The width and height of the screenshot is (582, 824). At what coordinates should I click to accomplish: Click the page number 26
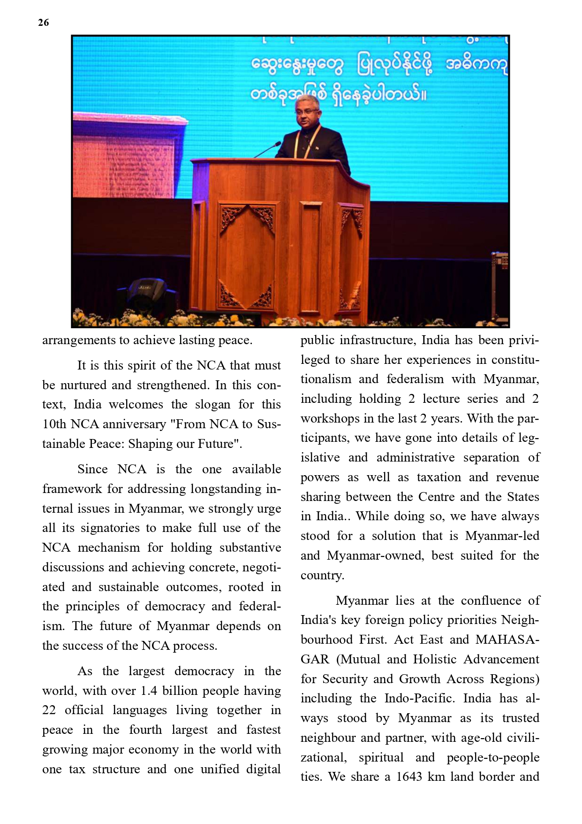coord(43,23)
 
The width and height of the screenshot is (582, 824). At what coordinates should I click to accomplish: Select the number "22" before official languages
coord(49,710)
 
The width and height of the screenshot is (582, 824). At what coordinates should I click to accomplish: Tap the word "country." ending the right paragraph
coord(322,575)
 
